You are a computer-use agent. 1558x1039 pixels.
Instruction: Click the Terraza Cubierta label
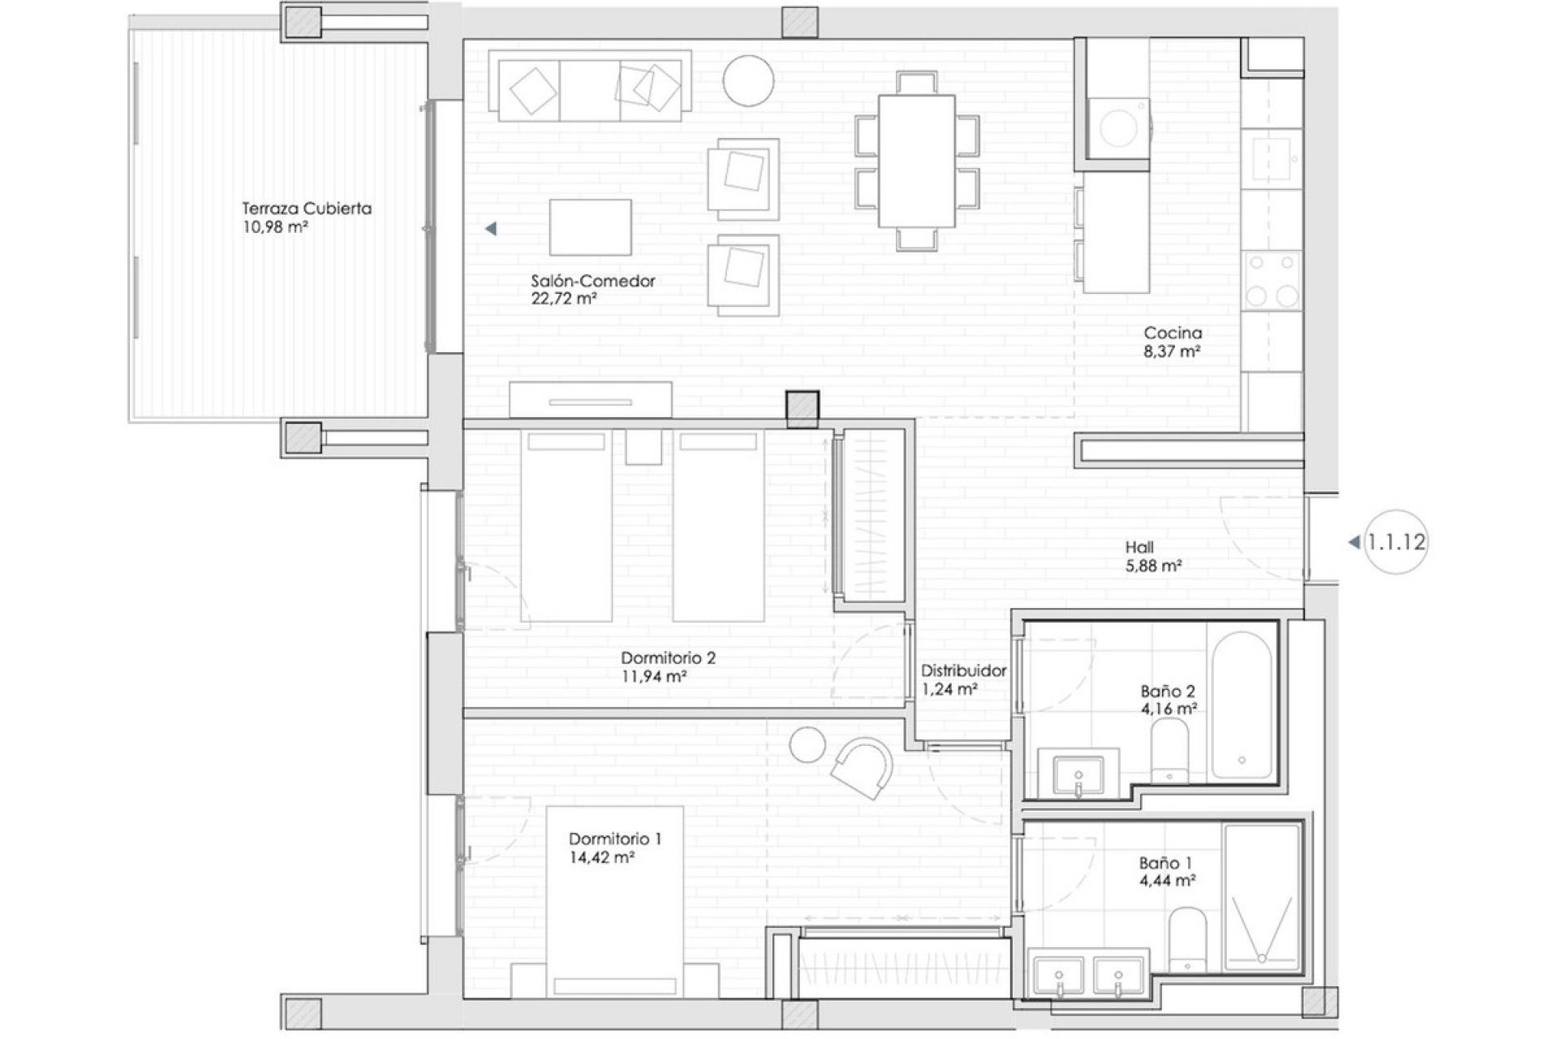coord(307,209)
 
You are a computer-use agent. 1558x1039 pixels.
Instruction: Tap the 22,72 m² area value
coord(564,299)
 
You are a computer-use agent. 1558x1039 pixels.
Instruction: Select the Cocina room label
coord(1173,333)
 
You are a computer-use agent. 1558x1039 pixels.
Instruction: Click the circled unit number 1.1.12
coord(1396,542)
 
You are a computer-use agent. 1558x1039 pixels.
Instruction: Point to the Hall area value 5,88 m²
coord(1152,566)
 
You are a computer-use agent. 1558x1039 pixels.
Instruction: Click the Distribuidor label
coord(963,671)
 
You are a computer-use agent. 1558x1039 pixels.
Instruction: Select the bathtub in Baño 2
coord(1242,706)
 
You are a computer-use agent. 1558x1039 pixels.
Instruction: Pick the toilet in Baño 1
coord(1188,938)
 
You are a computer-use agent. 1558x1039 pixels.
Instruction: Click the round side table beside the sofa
coord(748,80)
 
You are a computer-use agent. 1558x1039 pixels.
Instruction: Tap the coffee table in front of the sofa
coord(590,227)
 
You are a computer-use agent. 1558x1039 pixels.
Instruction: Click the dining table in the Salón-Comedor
coord(917,161)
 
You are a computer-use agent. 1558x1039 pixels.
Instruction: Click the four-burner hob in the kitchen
coord(1272,280)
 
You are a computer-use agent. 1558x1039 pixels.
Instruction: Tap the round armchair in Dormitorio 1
coord(863,766)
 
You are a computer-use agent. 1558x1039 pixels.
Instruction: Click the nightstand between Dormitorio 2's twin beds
coord(643,446)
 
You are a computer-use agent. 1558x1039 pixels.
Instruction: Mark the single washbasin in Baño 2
coord(1078,776)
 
